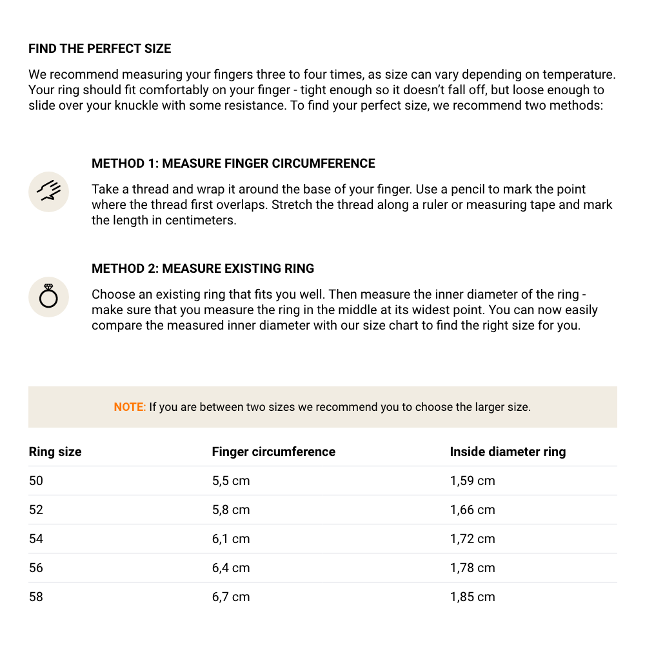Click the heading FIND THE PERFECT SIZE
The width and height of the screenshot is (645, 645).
[x=100, y=49]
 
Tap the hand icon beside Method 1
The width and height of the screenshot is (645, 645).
[x=49, y=192]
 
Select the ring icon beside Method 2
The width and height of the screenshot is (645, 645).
[x=49, y=297]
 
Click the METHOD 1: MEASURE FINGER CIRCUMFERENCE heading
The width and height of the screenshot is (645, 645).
[x=233, y=164]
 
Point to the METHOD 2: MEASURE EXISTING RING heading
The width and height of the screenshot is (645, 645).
[x=203, y=269]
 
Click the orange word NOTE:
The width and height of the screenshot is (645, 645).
[x=130, y=407]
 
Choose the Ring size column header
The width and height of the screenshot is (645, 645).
[x=55, y=452]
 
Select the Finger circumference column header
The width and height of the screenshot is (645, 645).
[x=273, y=452]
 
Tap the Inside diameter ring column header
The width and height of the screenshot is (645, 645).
[x=508, y=452]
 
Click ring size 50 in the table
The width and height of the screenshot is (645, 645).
[x=36, y=481]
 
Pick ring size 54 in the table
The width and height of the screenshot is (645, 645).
[x=36, y=539]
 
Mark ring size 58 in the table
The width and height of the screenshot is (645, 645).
[x=36, y=597]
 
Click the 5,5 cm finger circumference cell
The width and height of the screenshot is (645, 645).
[x=231, y=481]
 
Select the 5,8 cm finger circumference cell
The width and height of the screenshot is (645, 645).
[x=231, y=510]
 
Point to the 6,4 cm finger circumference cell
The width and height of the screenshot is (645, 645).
[x=231, y=568]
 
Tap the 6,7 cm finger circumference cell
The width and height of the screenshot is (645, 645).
[x=231, y=597]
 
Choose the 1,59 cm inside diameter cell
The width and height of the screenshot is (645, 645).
[x=473, y=481]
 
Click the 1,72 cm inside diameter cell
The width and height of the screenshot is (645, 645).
[x=473, y=539]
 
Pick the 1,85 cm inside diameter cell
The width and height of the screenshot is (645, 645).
[x=473, y=597]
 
